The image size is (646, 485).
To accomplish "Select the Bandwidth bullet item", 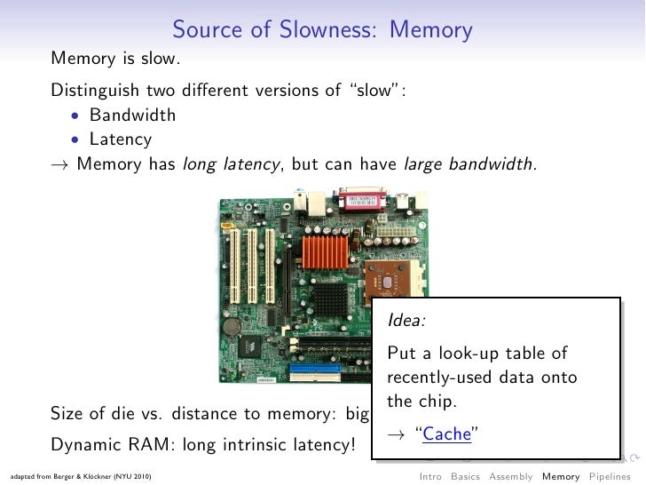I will click(x=132, y=115).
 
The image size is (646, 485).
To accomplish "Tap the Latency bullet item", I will click(x=121, y=139).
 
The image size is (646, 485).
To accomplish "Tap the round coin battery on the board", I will click(x=232, y=326).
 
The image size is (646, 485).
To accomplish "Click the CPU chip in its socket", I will click(x=386, y=282).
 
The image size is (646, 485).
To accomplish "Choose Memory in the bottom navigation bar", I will click(x=561, y=477).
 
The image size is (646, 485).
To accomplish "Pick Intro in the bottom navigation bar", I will click(x=430, y=477).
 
